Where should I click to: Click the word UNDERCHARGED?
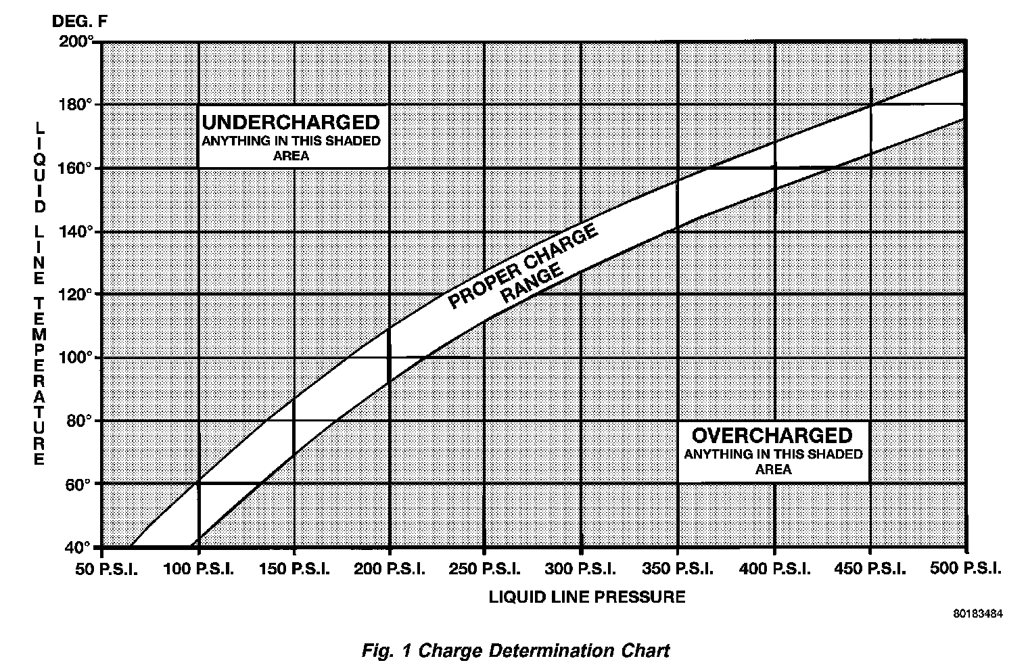291,122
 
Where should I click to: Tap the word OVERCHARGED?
772,435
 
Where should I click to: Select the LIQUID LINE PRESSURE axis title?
586,597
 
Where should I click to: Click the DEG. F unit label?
80,21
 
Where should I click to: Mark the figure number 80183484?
978,615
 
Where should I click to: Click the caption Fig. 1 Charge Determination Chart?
515,651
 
